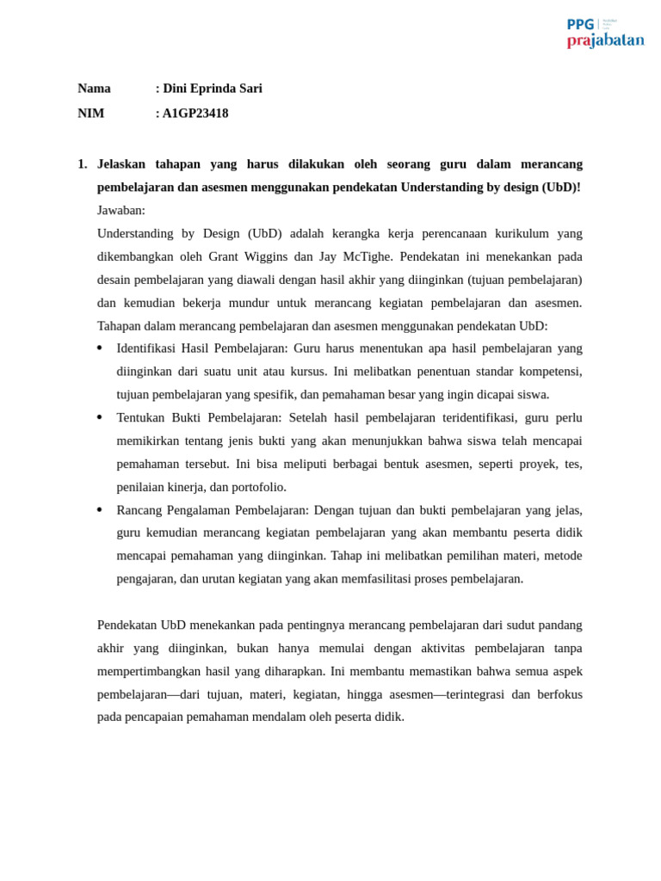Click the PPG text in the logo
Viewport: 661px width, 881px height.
pyautogui.click(x=580, y=24)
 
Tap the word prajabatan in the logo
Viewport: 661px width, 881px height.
pyautogui.click(x=605, y=40)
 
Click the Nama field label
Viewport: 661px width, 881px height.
pyautogui.click(x=94, y=89)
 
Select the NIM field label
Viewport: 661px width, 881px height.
pyautogui.click(x=90, y=114)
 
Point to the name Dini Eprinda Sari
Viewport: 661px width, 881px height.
pyautogui.click(x=213, y=89)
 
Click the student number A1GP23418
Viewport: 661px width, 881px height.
pyautogui.click(x=195, y=114)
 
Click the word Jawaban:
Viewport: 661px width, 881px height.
pyautogui.click(x=121, y=211)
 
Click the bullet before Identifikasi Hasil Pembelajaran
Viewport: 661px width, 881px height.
pyautogui.click(x=100, y=348)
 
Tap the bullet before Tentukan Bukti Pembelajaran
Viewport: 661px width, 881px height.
pyautogui.click(x=100, y=417)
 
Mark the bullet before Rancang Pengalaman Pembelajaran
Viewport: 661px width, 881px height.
pyautogui.click(x=100, y=510)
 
